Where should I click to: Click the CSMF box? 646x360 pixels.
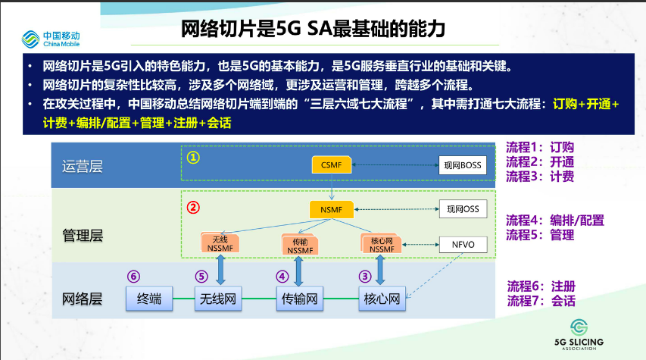[x=331, y=165]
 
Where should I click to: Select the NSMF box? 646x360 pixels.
[x=331, y=209]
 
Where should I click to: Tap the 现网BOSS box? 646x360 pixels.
[x=462, y=165]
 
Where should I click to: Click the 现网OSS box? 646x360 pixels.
[x=463, y=209]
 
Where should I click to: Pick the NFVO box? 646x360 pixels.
[x=463, y=245]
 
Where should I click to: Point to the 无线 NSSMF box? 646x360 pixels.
[x=220, y=243]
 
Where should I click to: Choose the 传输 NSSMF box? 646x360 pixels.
[x=300, y=245]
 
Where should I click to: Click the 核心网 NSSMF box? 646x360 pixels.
[x=381, y=244]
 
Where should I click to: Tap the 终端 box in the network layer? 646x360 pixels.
[x=149, y=299]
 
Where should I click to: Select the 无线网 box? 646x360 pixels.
[x=218, y=299]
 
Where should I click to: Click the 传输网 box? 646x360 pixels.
[x=299, y=299]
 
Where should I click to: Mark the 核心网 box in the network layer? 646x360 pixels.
[x=382, y=299]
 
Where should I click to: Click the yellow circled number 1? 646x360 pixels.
[x=193, y=158]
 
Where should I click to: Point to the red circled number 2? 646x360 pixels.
[x=193, y=207]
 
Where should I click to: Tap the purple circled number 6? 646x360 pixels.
[x=133, y=277]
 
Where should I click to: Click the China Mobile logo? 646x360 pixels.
[x=51, y=39]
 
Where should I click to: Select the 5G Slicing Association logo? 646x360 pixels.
[x=579, y=335]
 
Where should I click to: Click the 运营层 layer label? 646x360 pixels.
[x=83, y=166]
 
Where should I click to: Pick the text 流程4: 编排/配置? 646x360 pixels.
[x=555, y=221]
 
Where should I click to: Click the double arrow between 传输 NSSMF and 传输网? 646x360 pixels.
[x=298, y=271]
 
